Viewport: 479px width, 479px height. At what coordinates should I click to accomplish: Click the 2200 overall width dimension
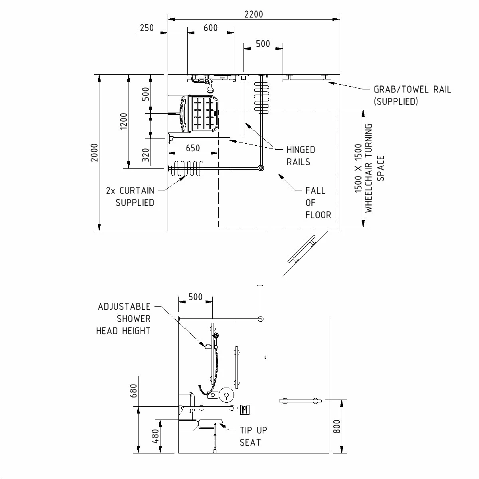point(253,14)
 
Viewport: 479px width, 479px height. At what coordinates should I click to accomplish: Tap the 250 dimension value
point(147,28)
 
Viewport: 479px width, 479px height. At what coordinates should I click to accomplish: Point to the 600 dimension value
point(210,28)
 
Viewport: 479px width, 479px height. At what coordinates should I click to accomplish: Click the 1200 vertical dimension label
point(123,121)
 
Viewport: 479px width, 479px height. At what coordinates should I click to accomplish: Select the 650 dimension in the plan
point(193,148)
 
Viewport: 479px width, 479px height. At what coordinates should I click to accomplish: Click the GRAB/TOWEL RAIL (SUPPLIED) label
point(412,95)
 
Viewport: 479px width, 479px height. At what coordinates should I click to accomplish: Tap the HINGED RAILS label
point(301,156)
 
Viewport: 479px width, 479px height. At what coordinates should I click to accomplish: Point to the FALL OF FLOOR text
point(318,203)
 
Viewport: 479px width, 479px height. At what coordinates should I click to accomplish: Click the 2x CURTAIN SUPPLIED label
point(130,196)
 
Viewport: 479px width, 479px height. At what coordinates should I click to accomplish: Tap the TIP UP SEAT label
point(253,436)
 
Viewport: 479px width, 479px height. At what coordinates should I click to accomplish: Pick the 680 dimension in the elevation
point(134,391)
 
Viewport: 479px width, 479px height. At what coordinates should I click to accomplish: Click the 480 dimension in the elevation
point(156,436)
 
